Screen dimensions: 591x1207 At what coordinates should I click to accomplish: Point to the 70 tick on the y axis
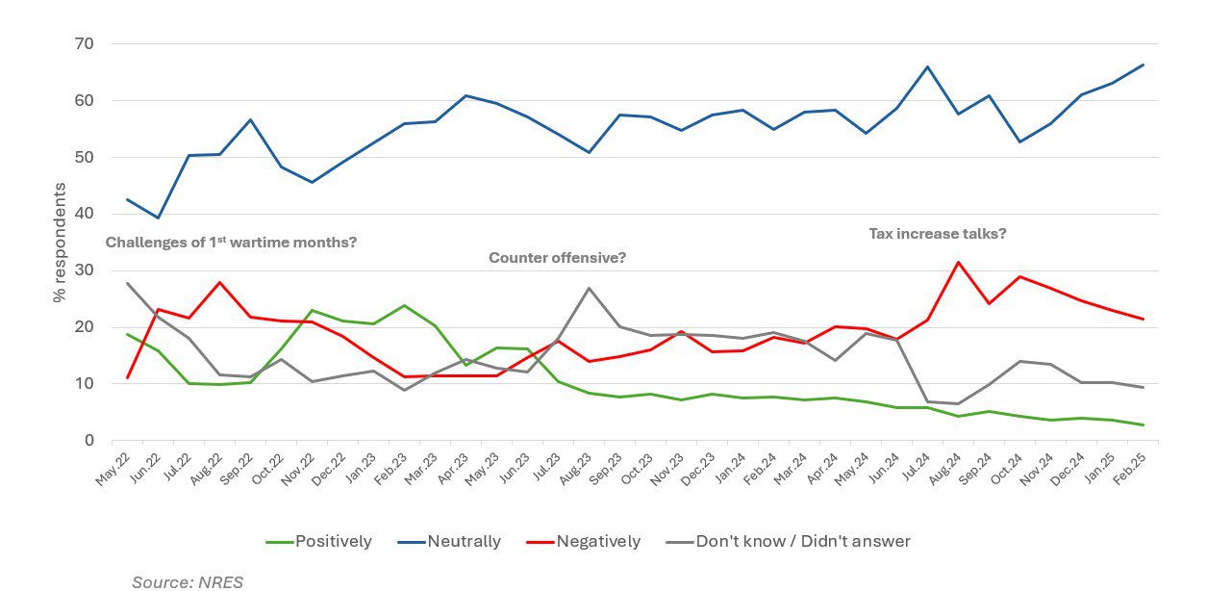[84, 44]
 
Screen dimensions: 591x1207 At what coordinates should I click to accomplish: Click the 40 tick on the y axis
[84, 214]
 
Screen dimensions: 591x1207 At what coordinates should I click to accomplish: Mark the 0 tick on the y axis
[88, 441]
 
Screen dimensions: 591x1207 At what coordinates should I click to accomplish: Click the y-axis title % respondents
[60, 242]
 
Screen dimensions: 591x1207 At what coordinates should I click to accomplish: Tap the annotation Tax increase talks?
[938, 233]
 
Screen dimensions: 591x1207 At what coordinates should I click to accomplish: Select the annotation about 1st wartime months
[231, 243]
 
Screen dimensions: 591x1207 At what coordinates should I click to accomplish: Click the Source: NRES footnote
[188, 581]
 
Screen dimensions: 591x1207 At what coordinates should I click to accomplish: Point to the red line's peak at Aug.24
[958, 262]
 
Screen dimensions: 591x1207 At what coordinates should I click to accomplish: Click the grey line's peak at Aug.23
[589, 288]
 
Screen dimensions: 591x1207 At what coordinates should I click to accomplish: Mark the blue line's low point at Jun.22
[158, 218]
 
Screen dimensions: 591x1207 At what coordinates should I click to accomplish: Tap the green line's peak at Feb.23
[404, 305]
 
